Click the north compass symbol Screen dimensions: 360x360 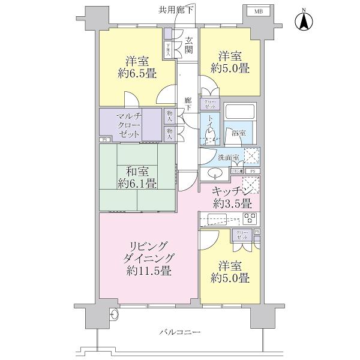tap(305, 23)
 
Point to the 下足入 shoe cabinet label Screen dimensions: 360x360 tap(169, 49)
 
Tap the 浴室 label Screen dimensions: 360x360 tap(238, 134)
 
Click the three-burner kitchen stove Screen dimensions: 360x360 tap(250, 217)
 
